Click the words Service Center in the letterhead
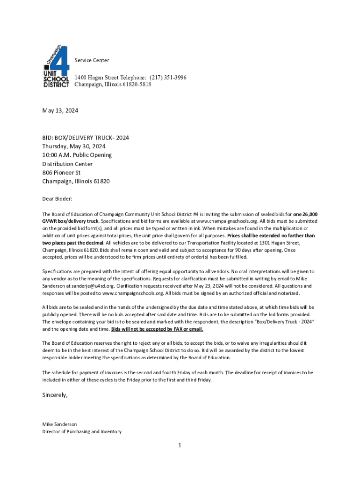click(92, 60)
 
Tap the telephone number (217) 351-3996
click(168, 78)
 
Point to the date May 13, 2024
click(60, 111)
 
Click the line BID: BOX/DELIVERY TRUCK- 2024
click(86, 138)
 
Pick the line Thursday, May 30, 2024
click(74, 146)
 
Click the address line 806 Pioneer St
click(62, 173)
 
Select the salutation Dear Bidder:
click(58, 199)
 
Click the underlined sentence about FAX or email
click(157, 329)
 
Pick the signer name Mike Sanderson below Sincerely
click(59, 424)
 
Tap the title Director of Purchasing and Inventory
click(82, 431)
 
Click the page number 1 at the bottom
click(179, 446)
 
